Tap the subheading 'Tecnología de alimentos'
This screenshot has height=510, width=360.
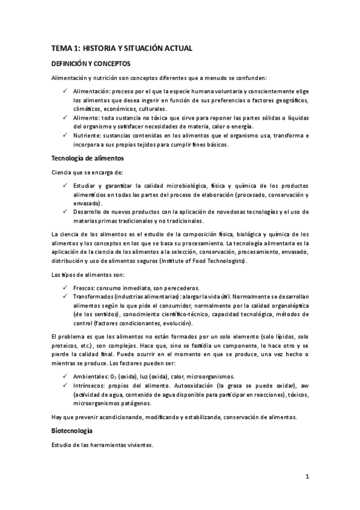coord(87,159)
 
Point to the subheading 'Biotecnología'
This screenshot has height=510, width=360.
coord(72,431)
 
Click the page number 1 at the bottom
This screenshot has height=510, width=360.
coord(307,476)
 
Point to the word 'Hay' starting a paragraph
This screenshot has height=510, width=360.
coord(56,417)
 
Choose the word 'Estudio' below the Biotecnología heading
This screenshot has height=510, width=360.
coord(62,445)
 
